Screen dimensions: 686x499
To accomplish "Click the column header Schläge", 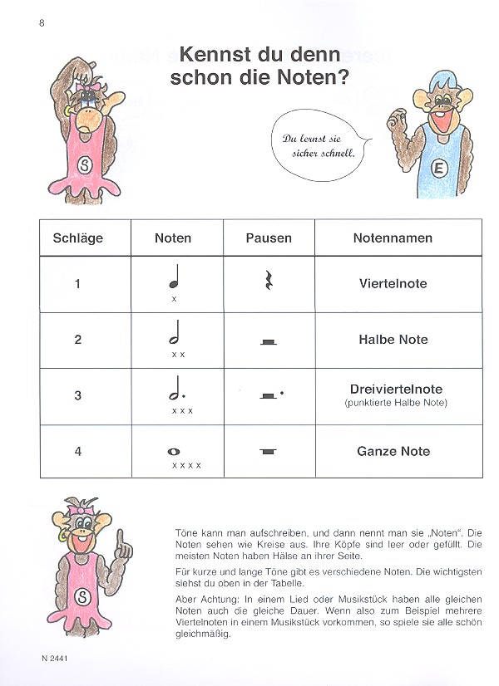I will coord(77,238).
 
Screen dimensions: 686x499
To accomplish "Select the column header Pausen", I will coord(269,238).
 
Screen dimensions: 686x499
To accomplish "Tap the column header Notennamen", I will coord(393,238).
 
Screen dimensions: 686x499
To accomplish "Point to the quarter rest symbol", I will coord(269,283).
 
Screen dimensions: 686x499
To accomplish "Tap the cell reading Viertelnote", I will coord(393,283).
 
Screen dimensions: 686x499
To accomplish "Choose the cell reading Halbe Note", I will coord(393,340).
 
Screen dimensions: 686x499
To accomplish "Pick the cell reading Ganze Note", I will coord(393,452).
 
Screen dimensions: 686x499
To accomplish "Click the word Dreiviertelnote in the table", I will coord(396,389).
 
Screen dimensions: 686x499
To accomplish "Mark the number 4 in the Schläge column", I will coord(77,452).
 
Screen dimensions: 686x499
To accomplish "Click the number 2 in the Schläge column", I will coord(77,340).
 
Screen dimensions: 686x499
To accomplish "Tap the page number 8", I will coord(41,22).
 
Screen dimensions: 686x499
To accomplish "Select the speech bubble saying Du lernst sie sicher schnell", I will coord(314,146).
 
